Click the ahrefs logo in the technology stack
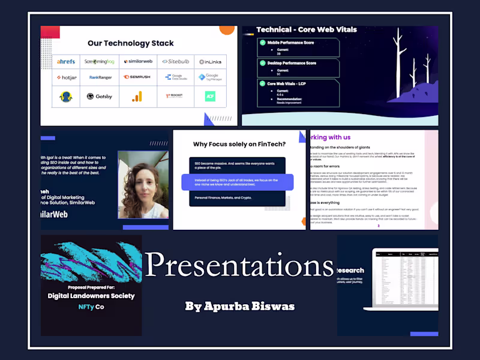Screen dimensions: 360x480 click(x=66, y=61)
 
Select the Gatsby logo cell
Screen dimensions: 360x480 click(x=99, y=96)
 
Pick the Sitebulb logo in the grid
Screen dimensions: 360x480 click(x=175, y=61)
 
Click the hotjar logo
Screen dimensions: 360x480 click(x=66, y=77)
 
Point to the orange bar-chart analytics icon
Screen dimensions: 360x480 click(x=136, y=96)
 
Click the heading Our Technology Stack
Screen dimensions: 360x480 click(x=130, y=43)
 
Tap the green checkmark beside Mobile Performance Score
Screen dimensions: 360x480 click(x=262, y=43)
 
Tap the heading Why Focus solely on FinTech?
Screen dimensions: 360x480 click(x=239, y=144)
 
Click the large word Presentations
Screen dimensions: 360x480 click(x=239, y=265)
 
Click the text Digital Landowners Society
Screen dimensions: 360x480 click(x=91, y=295)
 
